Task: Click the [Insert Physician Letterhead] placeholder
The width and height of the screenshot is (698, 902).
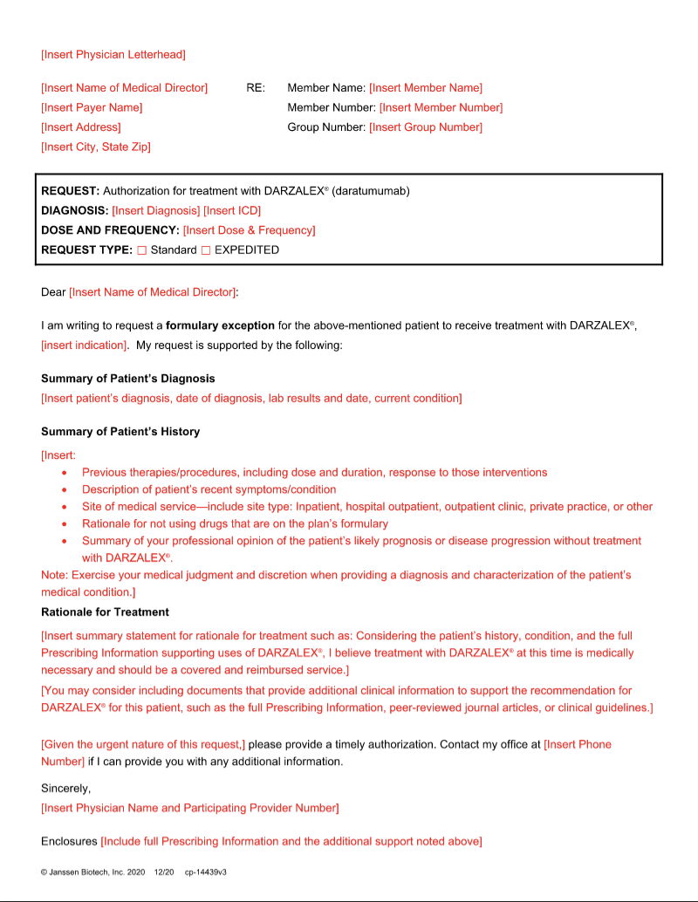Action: click(x=113, y=55)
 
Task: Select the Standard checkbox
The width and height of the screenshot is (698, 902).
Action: click(x=141, y=250)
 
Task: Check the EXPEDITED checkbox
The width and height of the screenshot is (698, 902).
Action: click(x=206, y=250)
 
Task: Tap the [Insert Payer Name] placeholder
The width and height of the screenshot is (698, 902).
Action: click(x=92, y=107)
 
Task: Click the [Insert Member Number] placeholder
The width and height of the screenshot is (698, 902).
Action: click(x=441, y=107)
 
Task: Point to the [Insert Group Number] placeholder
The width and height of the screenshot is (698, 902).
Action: click(x=426, y=127)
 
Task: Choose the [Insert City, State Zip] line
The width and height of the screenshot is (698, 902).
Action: click(x=96, y=147)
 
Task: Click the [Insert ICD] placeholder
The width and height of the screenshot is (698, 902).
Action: click(x=232, y=210)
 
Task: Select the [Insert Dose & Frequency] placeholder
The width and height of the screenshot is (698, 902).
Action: click(x=249, y=230)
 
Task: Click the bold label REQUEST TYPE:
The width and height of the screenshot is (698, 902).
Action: click(x=86, y=250)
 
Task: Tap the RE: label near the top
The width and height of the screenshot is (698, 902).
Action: click(x=256, y=88)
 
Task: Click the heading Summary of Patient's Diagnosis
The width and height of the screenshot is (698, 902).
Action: click(x=128, y=379)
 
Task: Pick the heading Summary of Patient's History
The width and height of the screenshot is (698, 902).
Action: click(x=120, y=432)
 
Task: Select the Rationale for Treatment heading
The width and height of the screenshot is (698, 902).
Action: click(x=105, y=612)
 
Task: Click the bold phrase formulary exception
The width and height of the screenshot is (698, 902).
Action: click(x=220, y=325)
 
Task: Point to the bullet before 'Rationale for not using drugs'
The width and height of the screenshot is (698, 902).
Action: click(x=65, y=524)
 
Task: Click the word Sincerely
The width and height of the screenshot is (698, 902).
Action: click(x=65, y=789)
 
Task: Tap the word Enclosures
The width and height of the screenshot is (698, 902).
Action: click(x=69, y=841)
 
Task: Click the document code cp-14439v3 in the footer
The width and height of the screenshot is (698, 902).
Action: click(x=206, y=871)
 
